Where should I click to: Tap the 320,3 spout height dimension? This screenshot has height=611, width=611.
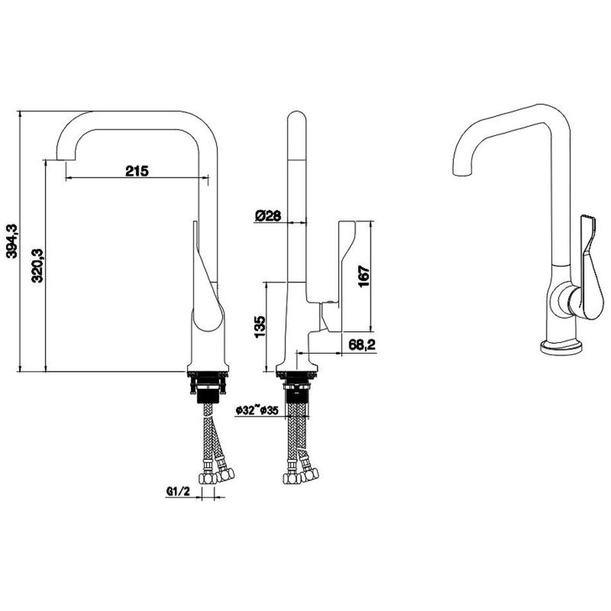[x=38, y=266]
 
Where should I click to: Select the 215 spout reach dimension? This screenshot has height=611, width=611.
[x=137, y=170]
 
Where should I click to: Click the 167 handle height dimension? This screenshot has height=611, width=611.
[x=363, y=277]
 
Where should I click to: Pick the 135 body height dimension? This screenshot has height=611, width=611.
[x=260, y=327]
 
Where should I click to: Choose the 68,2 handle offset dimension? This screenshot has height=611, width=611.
[x=361, y=345]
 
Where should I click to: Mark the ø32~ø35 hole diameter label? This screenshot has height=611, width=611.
[x=257, y=410]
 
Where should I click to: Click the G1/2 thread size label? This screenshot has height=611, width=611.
[x=178, y=492]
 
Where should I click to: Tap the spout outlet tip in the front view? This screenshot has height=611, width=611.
[x=66, y=160]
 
